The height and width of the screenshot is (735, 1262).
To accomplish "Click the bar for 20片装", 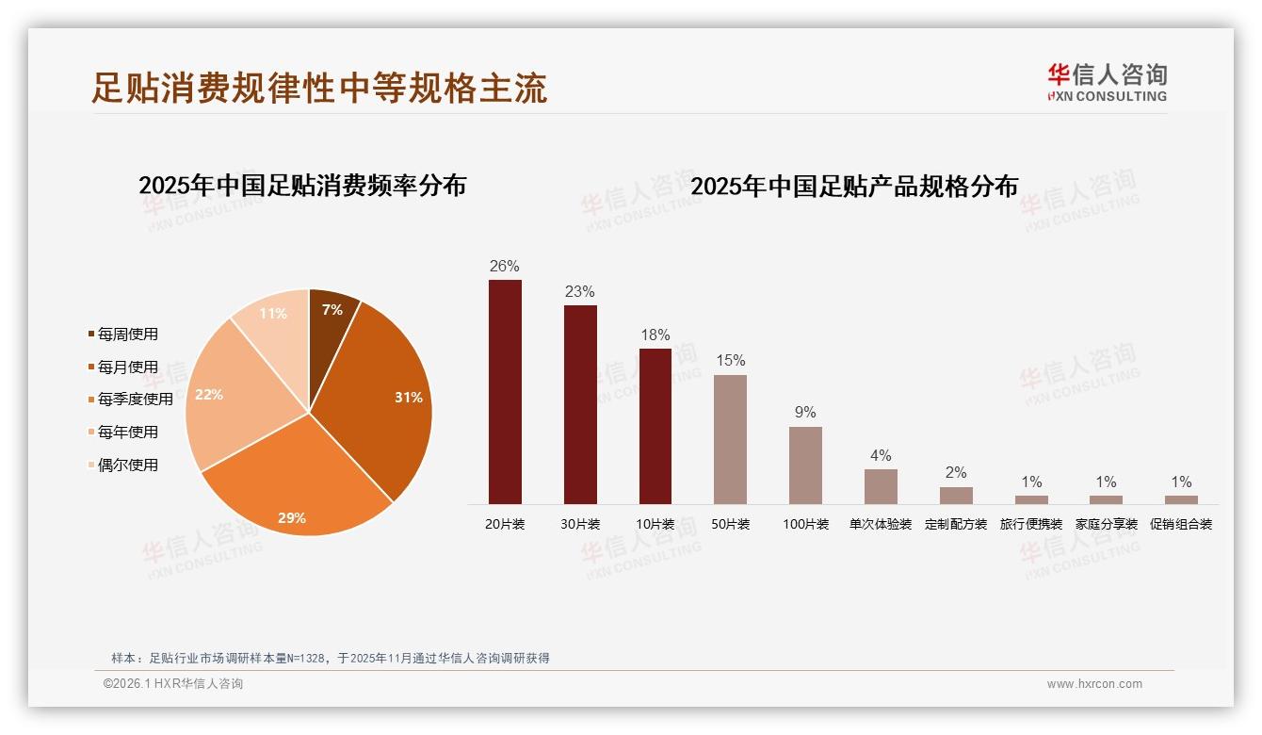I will point(505,391).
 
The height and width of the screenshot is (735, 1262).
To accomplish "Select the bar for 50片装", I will point(730,439).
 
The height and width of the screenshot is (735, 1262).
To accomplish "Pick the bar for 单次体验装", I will point(881,486).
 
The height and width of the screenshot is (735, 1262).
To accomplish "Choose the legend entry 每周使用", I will point(128,335).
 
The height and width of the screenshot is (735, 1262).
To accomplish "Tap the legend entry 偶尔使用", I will point(128,465).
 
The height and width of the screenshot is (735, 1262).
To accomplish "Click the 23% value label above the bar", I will point(580,292).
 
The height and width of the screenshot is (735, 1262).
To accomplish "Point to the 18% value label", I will point(655,335).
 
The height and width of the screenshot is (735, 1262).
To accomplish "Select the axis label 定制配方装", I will point(956,524).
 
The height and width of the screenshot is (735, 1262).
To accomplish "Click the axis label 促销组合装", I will point(1181,524).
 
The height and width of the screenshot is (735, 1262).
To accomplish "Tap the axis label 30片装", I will point(580,524).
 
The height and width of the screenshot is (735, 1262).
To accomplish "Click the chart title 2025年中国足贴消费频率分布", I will point(302,186).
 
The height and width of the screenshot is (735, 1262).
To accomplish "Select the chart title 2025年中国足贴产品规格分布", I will point(854,187).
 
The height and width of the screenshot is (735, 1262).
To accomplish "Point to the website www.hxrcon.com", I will point(1094,684).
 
